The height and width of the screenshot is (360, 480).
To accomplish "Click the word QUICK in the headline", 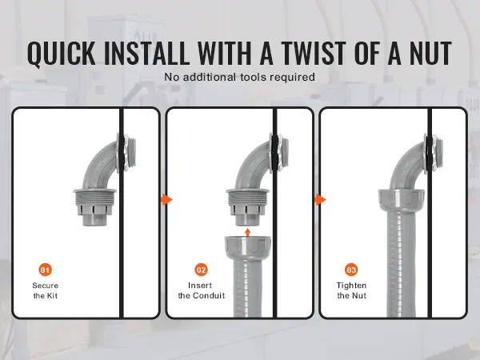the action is (62, 53).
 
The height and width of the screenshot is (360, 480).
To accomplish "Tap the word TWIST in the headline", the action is (314, 53).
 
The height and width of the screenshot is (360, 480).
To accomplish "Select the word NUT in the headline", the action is (430, 53).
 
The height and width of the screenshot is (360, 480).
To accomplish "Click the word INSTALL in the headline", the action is (147, 53).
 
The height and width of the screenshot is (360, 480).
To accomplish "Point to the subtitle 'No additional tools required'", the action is (240, 77).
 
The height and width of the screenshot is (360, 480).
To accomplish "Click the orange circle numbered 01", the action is (45, 270).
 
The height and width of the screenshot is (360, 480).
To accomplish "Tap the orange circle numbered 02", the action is (201, 270).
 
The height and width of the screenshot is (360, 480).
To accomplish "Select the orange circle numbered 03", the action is (351, 270).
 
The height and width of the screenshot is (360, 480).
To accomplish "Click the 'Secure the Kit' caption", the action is (46, 290).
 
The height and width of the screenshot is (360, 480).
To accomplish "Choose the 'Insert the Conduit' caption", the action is (202, 290).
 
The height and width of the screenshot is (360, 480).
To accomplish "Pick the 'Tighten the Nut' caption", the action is (351, 290).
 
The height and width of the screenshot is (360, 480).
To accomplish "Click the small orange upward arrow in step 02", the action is (248, 232).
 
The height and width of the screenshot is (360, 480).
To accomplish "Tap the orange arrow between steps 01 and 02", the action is (166, 199).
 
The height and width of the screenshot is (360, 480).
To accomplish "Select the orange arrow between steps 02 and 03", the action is (320, 199).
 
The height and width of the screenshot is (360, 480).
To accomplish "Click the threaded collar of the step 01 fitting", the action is (95, 197).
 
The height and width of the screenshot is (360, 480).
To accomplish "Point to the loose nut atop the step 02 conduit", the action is (248, 244).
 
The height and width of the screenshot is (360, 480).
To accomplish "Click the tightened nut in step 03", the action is (402, 200).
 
